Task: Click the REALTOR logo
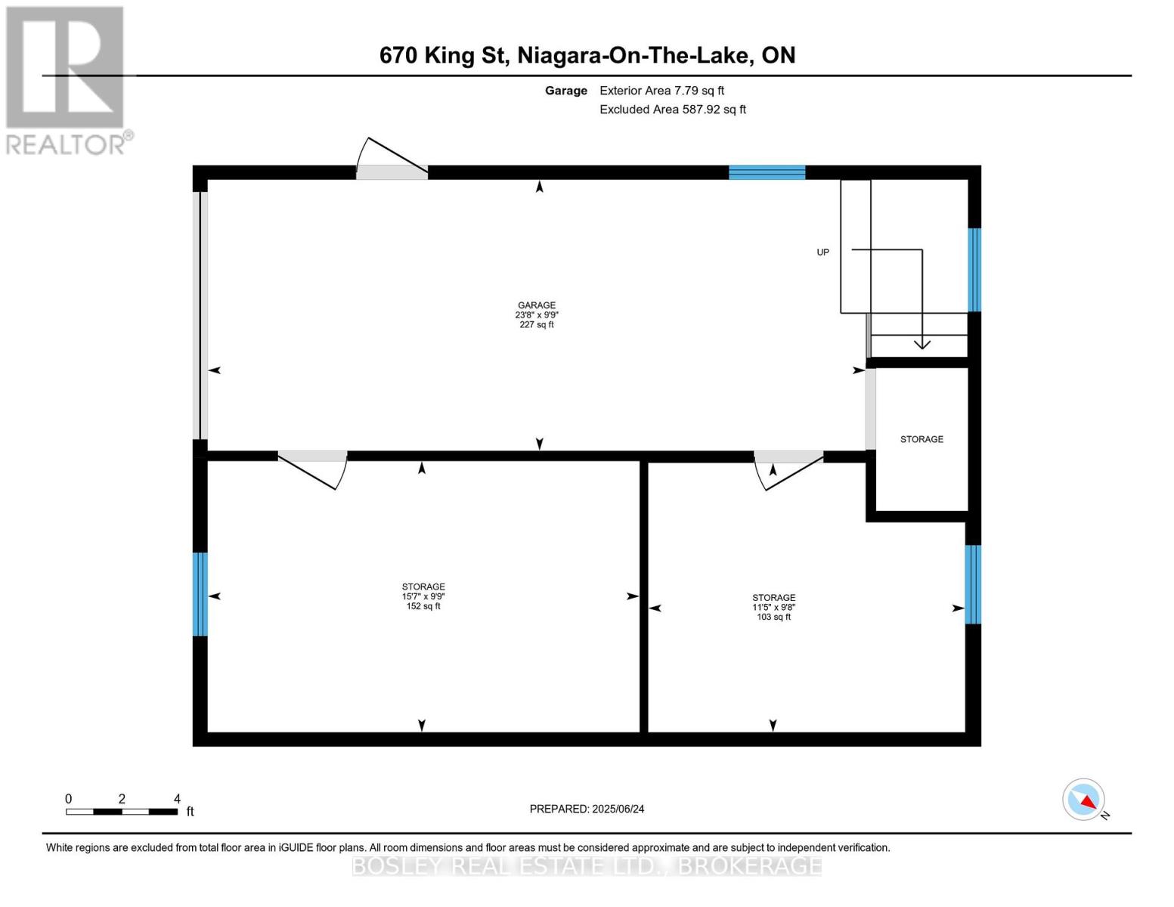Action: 67,79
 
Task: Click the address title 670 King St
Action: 587,55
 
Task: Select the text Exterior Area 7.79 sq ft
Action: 661,91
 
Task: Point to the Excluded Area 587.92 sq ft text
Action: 672,110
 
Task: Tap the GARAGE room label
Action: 537,314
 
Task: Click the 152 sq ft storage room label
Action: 423,596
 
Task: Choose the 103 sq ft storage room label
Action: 773,607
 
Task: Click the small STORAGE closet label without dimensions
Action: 922,439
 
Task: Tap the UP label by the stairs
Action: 822,252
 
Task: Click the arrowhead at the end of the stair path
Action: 922,344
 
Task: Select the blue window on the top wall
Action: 767,172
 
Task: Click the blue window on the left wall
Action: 200,594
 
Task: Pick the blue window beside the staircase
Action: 974,270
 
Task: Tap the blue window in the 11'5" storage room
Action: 973,584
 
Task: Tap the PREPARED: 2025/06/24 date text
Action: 587,809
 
